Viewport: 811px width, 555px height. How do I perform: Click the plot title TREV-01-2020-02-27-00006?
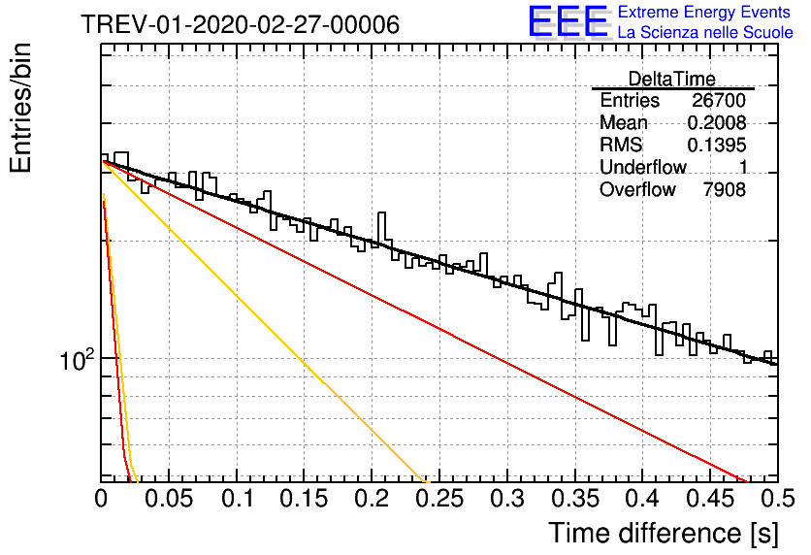(240, 24)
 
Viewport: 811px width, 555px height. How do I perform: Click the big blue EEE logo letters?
(568, 21)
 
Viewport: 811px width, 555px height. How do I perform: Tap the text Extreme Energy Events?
(704, 12)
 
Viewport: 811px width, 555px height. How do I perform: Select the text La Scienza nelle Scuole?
(705, 32)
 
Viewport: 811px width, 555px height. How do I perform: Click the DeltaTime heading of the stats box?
(671, 79)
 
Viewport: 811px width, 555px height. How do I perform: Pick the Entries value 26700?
(719, 100)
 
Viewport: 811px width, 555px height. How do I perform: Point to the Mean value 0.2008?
(716, 122)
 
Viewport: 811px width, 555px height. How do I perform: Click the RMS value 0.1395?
(716, 145)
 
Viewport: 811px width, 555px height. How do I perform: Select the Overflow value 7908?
(724, 189)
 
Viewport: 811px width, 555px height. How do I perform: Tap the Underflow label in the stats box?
(642, 167)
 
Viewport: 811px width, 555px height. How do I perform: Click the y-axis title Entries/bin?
(20, 108)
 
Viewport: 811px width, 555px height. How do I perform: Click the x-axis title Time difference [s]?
(664, 533)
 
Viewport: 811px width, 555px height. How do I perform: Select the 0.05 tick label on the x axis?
(169, 499)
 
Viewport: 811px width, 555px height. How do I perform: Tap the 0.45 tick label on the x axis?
(711, 499)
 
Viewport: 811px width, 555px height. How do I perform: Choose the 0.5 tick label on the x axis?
(777, 499)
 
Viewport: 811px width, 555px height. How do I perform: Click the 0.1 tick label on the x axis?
(238, 499)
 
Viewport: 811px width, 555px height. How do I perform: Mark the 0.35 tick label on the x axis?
(575, 499)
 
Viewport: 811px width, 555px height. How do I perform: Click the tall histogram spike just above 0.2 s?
(381, 228)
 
